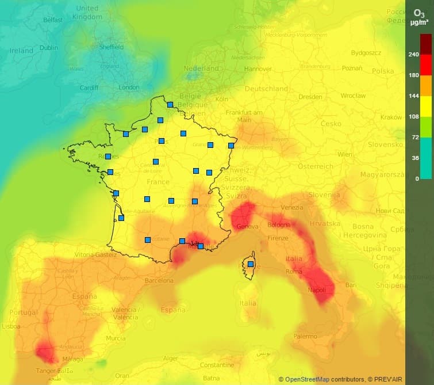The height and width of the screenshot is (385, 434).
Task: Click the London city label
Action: [x=129, y=87]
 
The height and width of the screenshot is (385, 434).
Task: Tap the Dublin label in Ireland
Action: [x=49, y=48]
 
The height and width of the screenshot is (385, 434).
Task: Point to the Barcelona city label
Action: [x=159, y=281]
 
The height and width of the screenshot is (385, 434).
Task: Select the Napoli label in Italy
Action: [x=317, y=290]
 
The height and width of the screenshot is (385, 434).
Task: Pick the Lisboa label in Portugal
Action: [x=11, y=326]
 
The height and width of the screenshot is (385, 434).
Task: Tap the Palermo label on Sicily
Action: [x=305, y=336]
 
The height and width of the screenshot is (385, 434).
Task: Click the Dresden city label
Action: [x=310, y=97]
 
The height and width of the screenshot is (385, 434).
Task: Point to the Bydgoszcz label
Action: [x=366, y=52]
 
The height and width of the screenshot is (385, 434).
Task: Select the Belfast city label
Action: [x=52, y=20]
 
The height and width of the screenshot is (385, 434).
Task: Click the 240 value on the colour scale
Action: [x=413, y=54]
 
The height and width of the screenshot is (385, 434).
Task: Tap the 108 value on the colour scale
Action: [x=413, y=116]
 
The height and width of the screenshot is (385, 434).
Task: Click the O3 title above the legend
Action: [x=419, y=13]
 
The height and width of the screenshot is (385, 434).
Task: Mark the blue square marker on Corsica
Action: [x=251, y=264]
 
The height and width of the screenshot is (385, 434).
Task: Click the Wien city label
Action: [x=345, y=154]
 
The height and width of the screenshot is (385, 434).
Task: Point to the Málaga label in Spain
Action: [x=72, y=359]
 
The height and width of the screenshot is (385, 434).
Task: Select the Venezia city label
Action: [x=292, y=207]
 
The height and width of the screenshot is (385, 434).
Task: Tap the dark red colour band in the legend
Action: [x=426, y=44]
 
